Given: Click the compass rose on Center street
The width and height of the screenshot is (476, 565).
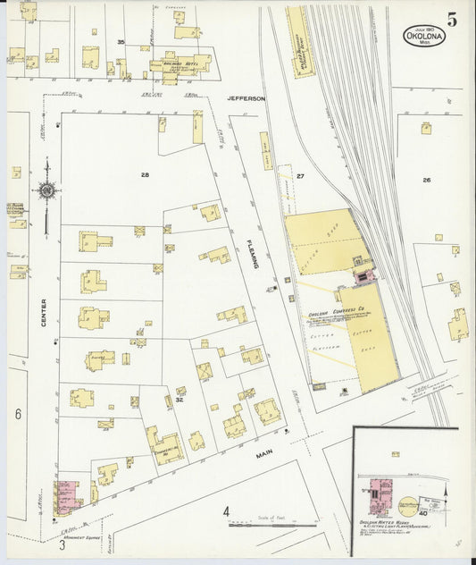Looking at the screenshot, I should pyautogui.click(x=46, y=190).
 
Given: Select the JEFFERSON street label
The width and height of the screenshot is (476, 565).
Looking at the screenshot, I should pyautogui.click(x=246, y=98).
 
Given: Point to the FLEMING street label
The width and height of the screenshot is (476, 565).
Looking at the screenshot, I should pyautogui.click(x=253, y=256).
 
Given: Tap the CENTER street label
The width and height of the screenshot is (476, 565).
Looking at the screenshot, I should pyautogui.click(x=42, y=312).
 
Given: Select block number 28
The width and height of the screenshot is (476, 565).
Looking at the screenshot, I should pyautogui.click(x=144, y=175).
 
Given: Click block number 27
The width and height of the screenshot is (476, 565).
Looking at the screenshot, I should pyautogui.click(x=301, y=176).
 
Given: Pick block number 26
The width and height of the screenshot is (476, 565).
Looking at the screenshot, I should pyautogui.click(x=427, y=180).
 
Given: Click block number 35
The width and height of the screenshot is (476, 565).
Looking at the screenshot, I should pyautogui.click(x=121, y=42).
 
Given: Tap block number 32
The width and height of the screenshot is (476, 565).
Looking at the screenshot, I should pyautogui.click(x=179, y=400).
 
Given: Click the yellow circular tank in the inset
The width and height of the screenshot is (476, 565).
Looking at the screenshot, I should pyautogui.click(x=407, y=506).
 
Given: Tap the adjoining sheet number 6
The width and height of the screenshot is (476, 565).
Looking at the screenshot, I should pyautogui.click(x=17, y=413).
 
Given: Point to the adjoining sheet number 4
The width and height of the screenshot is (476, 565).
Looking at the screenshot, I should pyautogui.click(x=226, y=511).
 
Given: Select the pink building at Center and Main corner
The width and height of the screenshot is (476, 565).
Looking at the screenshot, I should pyautogui.click(x=66, y=495).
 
